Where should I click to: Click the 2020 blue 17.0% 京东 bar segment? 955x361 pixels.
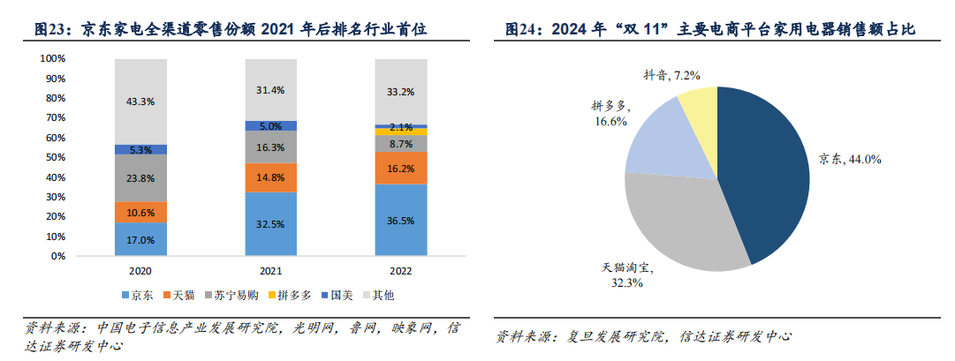pos(141,239)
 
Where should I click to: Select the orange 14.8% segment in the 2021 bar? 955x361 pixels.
pos(270,177)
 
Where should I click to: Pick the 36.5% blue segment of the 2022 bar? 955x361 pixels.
pos(401,221)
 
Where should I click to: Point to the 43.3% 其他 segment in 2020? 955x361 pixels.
pos(141,102)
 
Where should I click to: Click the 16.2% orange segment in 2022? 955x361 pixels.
pos(401,168)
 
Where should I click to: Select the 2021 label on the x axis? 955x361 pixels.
pos(270,270)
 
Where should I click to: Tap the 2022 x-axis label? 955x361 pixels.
pos(401,270)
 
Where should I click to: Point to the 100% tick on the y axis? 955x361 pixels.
pos(53,58)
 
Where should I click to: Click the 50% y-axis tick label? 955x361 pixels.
pos(56,157)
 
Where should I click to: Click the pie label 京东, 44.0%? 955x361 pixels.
pos(850,159)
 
